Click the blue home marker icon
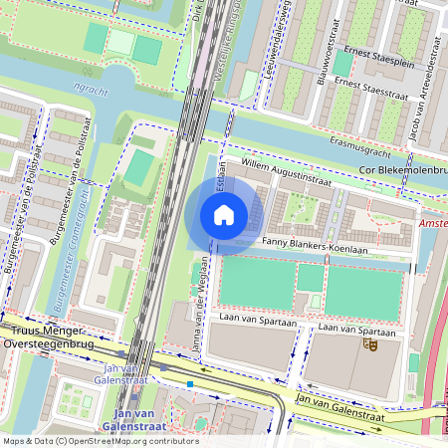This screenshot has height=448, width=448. pyautogui.click(x=224, y=214)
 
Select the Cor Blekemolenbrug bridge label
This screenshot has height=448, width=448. pyautogui.click(x=394, y=171)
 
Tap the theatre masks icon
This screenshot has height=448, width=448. pyautogui.click(x=371, y=344)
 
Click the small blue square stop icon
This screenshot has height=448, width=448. pyautogui.click(x=189, y=382)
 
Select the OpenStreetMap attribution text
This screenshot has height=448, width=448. pyautogui.click(x=100, y=441)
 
